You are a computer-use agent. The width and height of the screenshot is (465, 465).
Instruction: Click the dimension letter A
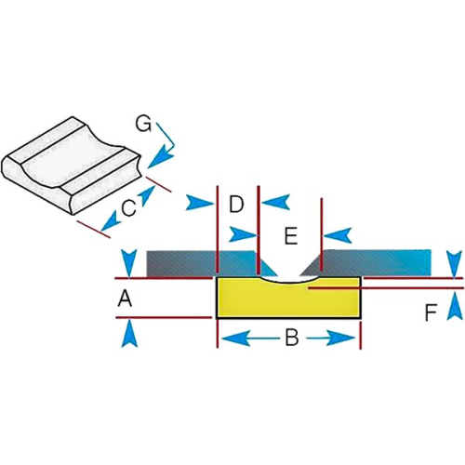coord(125,299)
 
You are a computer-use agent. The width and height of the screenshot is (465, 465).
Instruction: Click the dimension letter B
coord(291,337)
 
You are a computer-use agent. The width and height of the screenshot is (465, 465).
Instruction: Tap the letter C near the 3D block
coord(128,208)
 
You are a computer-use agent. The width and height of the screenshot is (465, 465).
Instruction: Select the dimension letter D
coord(236,205)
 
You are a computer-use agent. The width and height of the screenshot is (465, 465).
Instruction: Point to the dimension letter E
coord(290,236)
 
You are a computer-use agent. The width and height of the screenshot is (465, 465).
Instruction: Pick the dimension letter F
coord(431,312)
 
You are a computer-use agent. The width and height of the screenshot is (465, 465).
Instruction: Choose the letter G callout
coord(143,124)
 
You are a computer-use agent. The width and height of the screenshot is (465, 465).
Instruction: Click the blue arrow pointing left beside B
coord(236,338)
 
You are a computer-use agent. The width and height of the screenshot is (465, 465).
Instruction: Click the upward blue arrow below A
coord(129,334)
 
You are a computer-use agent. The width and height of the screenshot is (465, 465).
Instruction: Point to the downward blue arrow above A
coord(128,263)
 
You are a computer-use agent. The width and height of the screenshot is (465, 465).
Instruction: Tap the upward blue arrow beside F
coord(454,307)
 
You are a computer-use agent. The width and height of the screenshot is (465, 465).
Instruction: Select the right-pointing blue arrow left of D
coord(200,203)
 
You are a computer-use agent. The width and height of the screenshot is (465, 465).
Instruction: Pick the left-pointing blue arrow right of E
coord(338,235)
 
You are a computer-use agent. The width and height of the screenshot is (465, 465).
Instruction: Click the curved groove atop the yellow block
coord(288,282)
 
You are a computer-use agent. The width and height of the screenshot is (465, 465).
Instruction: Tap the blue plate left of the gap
coord(211,263)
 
